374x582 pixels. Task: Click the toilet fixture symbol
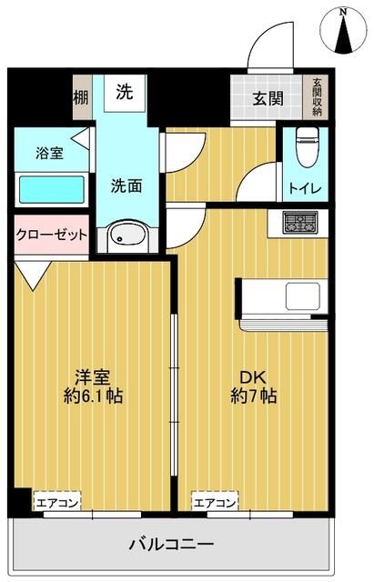tap(303, 145)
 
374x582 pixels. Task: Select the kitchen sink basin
tap(301, 296)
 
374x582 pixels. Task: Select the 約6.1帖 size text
tap(94, 398)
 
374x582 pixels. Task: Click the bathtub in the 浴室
tap(52, 189)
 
